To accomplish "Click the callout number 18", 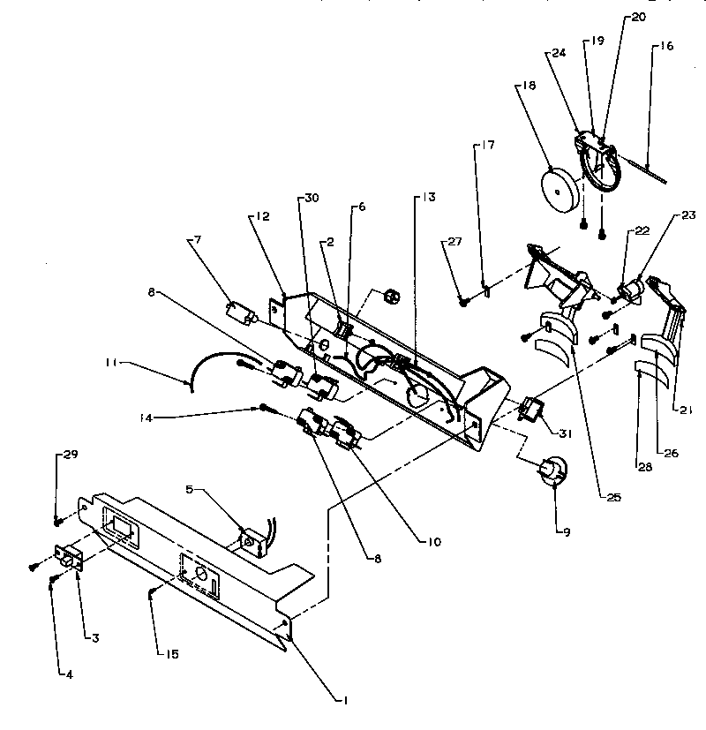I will [529, 86].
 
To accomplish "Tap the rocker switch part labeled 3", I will [68, 559].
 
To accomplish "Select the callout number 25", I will [614, 498].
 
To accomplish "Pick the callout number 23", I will [689, 214].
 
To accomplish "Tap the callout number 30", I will [311, 198].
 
